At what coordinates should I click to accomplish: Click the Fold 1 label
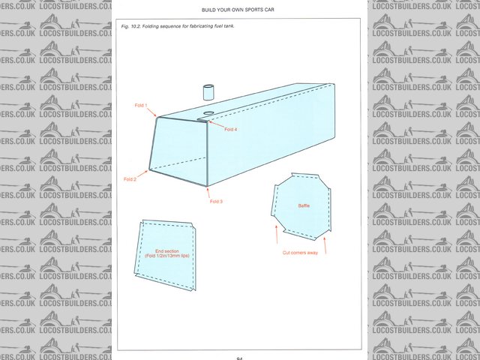click(x=141, y=106)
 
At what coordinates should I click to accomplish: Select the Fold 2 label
click(x=130, y=179)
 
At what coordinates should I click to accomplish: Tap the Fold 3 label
click(x=217, y=202)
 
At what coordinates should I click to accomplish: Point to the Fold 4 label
click(x=231, y=129)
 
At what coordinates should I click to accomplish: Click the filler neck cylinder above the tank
click(x=208, y=93)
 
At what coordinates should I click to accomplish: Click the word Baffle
click(x=304, y=205)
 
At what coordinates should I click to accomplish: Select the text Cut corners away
click(x=301, y=253)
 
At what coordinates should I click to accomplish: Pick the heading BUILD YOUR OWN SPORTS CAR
click(x=239, y=10)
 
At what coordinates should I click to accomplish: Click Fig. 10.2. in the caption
click(x=133, y=26)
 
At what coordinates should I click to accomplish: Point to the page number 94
click(x=239, y=358)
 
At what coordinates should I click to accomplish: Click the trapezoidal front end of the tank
click(x=178, y=151)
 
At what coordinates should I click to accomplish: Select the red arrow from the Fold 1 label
click(x=151, y=112)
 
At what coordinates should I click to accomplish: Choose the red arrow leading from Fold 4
click(x=215, y=124)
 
